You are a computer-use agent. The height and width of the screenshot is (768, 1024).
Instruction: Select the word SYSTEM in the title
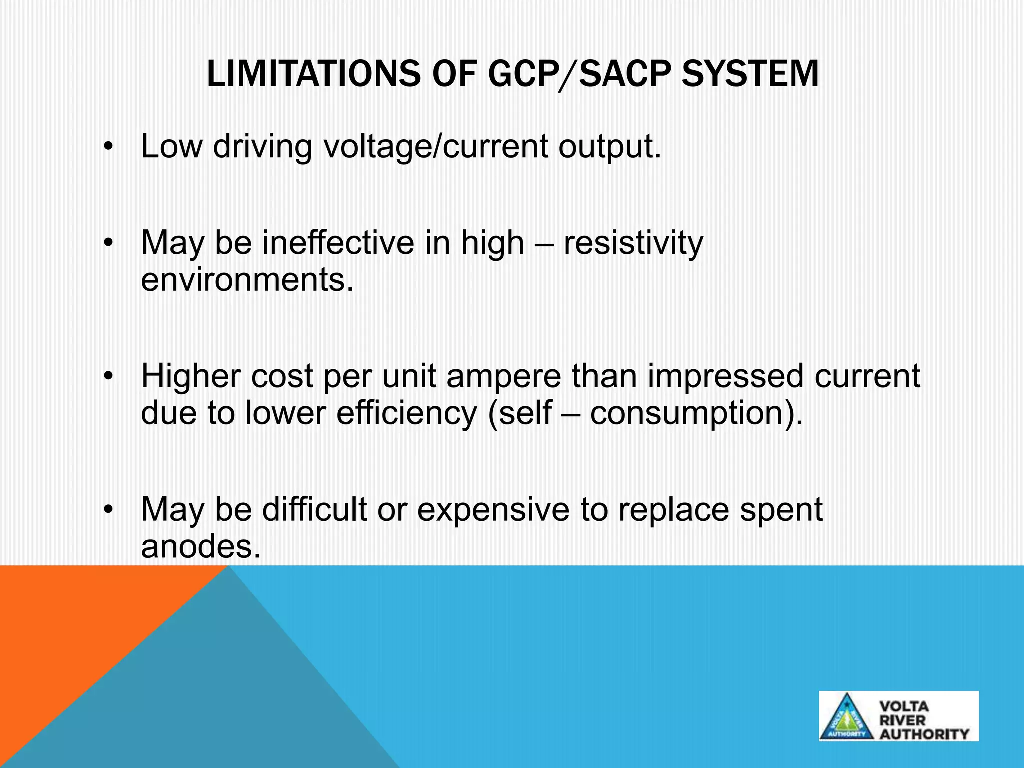pyautogui.click(x=750, y=74)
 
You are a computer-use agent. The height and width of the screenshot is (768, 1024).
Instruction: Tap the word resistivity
pyautogui.click(x=633, y=243)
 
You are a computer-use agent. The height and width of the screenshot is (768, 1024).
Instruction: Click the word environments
pyautogui.click(x=247, y=280)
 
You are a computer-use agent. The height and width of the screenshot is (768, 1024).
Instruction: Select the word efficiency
pyautogui.click(x=407, y=413)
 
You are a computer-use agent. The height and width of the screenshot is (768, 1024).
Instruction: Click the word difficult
pyautogui.click(x=314, y=510)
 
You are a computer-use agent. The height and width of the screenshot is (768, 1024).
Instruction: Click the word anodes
pyautogui.click(x=201, y=547)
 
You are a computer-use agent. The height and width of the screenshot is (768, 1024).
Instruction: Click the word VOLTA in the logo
pyautogui.click(x=904, y=706)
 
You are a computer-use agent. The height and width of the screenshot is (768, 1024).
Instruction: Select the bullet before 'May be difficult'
pyautogui.click(x=108, y=510)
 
